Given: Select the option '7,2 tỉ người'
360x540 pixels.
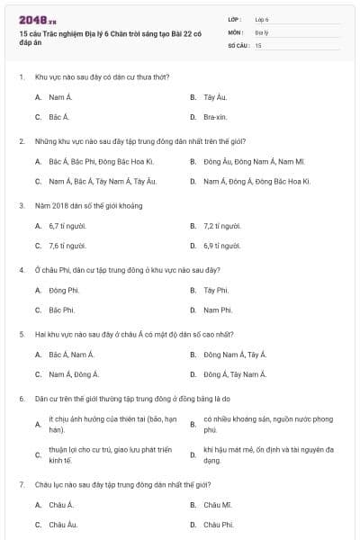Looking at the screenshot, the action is click(x=222, y=225).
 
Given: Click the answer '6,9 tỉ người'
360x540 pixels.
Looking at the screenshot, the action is click(x=222, y=246).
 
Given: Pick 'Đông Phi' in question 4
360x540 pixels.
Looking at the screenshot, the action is click(x=63, y=290).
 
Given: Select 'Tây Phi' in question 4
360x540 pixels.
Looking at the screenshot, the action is click(x=216, y=290).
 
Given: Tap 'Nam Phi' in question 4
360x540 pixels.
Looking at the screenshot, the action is click(x=218, y=310).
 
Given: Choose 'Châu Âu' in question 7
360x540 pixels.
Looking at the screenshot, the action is click(x=63, y=525).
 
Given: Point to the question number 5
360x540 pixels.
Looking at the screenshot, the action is click(x=21, y=333).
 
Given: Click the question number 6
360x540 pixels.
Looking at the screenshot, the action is click(x=21, y=397).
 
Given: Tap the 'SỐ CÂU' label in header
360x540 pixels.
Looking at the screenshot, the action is click(x=238, y=45).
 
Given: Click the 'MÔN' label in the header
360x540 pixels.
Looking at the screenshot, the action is click(x=235, y=31).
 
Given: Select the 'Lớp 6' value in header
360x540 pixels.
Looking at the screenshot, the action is click(x=263, y=19).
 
